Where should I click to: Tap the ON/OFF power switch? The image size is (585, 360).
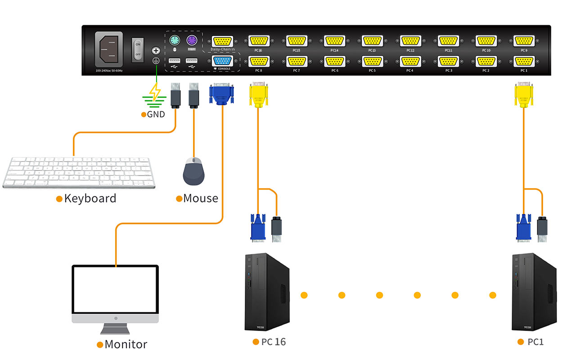point(138,49)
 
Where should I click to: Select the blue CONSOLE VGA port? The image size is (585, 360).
point(222,61)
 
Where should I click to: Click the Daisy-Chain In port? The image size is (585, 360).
point(222,41)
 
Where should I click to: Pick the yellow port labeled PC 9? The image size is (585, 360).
point(524,41)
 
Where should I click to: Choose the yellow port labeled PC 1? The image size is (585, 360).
point(524,61)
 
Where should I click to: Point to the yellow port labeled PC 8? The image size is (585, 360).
point(259,61)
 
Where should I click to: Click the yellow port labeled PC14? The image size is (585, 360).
point(334,41)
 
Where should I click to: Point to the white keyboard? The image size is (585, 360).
point(79,172)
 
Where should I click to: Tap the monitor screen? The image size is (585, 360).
point(116,289)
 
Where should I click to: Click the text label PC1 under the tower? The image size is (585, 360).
point(535,342)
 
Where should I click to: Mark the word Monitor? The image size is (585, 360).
point(126,345)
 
